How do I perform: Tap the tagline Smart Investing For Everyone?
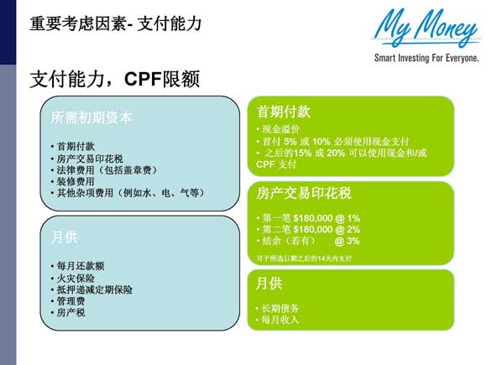pos(427,59)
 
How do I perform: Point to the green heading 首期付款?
pos(284,112)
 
